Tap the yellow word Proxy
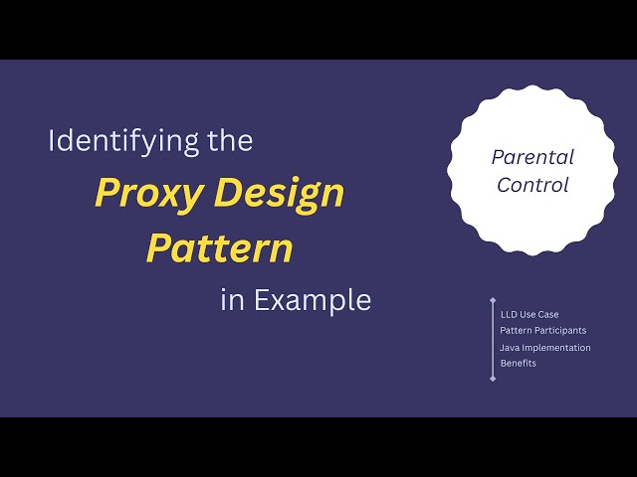click(x=144, y=193)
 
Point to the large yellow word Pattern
click(x=220, y=247)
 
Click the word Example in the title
click(x=312, y=300)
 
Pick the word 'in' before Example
click(x=232, y=300)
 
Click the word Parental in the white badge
click(x=532, y=157)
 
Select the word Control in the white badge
click(x=532, y=185)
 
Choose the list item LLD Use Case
click(x=530, y=314)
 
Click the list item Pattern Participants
click(x=542, y=329)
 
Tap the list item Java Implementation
click(x=545, y=348)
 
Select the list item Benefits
click(x=519, y=363)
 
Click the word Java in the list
click(x=510, y=348)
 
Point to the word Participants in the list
click(x=559, y=329)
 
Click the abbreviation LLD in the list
click(x=509, y=314)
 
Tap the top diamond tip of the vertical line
click(x=493, y=299)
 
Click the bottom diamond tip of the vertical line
click(x=493, y=379)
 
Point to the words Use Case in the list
click(x=540, y=314)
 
